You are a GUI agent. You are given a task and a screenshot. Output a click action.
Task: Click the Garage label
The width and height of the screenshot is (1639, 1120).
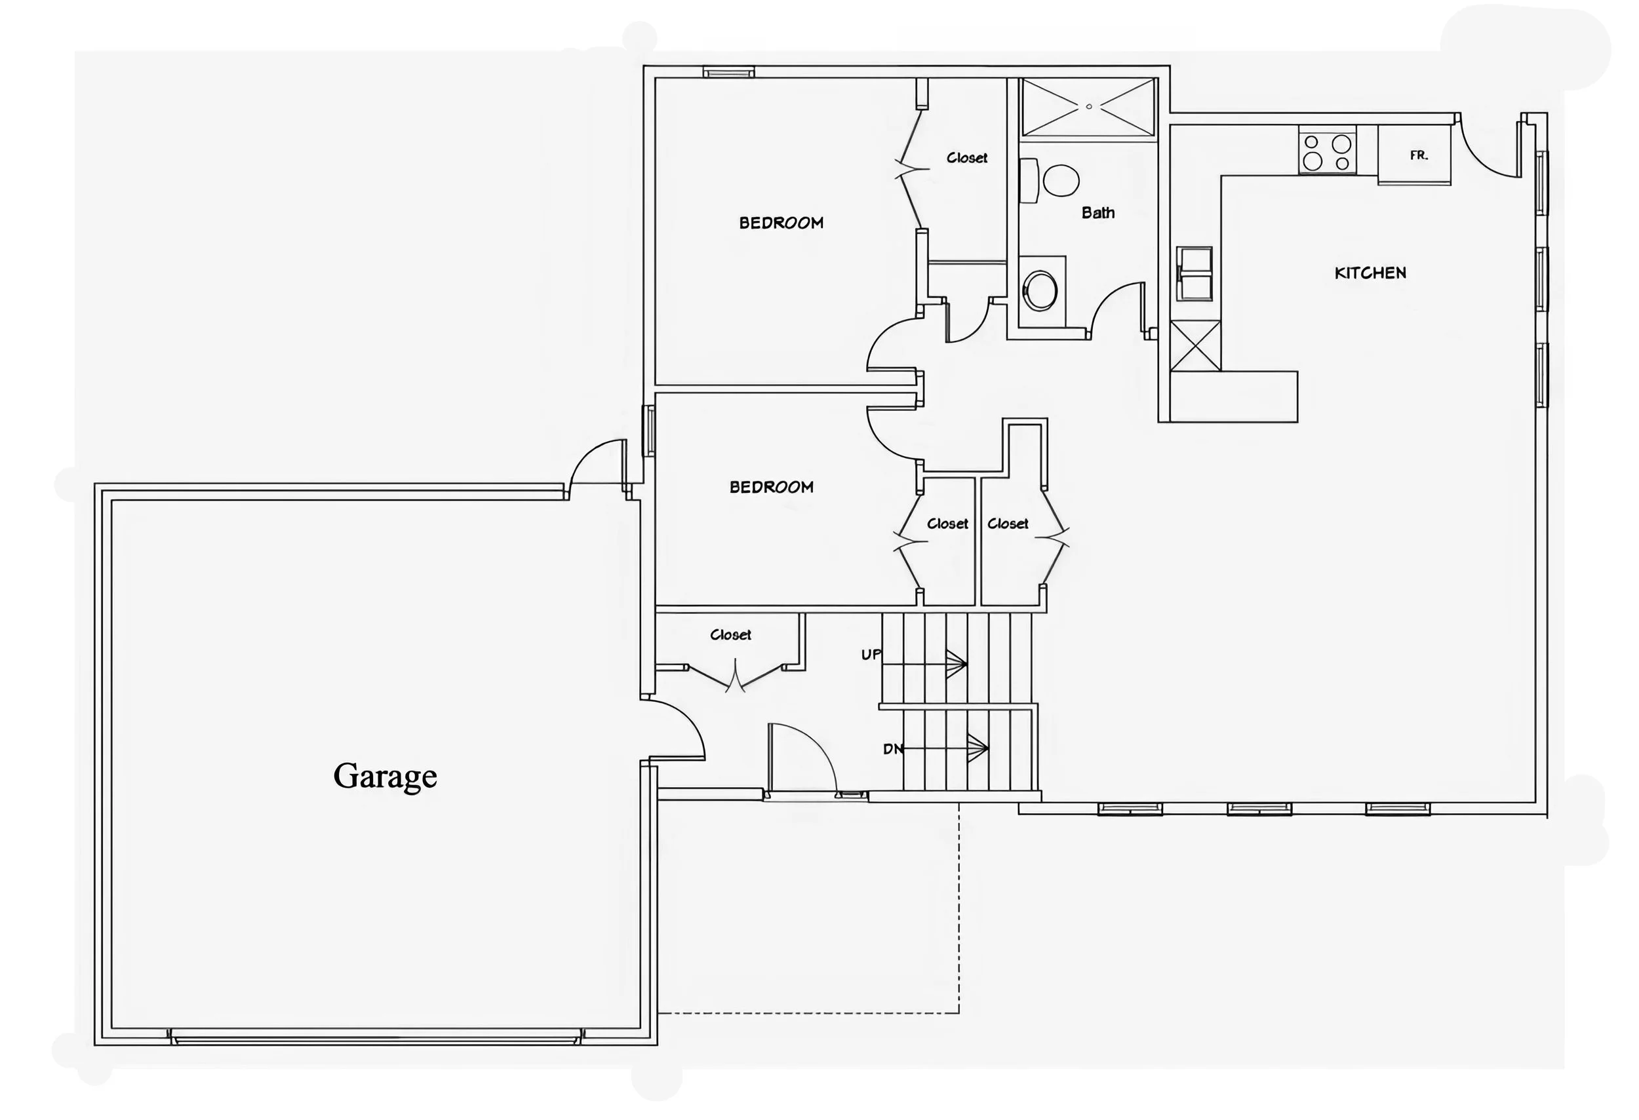(x=385, y=776)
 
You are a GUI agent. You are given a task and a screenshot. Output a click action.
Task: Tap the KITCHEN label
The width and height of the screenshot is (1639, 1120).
(x=1370, y=273)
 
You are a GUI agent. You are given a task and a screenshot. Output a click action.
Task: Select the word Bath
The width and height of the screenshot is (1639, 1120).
(x=1098, y=213)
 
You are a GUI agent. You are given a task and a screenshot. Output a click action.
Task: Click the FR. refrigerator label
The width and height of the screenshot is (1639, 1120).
(x=1419, y=156)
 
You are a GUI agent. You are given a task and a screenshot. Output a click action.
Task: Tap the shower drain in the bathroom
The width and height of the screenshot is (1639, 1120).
(x=1089, y=106)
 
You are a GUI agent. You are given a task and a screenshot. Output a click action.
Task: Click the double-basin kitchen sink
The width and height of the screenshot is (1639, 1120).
(x=1194, y=273)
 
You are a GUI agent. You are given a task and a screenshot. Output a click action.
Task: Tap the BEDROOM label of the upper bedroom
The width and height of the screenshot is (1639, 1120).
(x=781, y=223)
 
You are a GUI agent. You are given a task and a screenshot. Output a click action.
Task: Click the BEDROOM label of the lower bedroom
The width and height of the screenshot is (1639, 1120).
(x=772, y=487)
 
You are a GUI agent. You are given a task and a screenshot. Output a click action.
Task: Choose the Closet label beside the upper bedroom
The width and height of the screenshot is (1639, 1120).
(x=966, y=158)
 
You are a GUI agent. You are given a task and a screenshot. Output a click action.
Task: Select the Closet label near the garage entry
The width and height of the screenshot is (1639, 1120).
(x=730, y=635)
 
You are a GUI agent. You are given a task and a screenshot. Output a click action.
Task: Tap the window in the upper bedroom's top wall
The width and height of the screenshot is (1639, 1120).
(x=728, y=72)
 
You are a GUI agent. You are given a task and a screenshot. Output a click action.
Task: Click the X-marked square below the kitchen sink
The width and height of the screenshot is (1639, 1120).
(x=1195, y=346)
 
